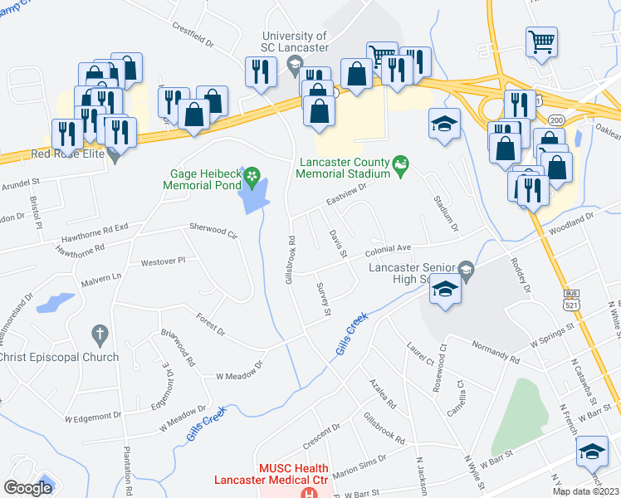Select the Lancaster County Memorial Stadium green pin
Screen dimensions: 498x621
pos(402,166)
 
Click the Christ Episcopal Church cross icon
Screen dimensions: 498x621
pos(99,334)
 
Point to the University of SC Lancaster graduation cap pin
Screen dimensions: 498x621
pos(293,64)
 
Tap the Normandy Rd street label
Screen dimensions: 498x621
pos(495,352)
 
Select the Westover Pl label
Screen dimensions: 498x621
pos(163,261)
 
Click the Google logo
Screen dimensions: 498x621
pos(28,487)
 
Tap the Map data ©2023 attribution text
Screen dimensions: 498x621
pos(586,491)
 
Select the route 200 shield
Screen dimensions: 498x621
pos(555,120)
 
